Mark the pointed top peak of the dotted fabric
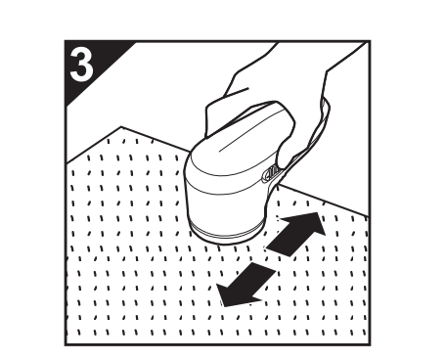pyautogui.click(x=118, y=127)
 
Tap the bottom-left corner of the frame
pyautogui.click(x=67, y=343)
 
